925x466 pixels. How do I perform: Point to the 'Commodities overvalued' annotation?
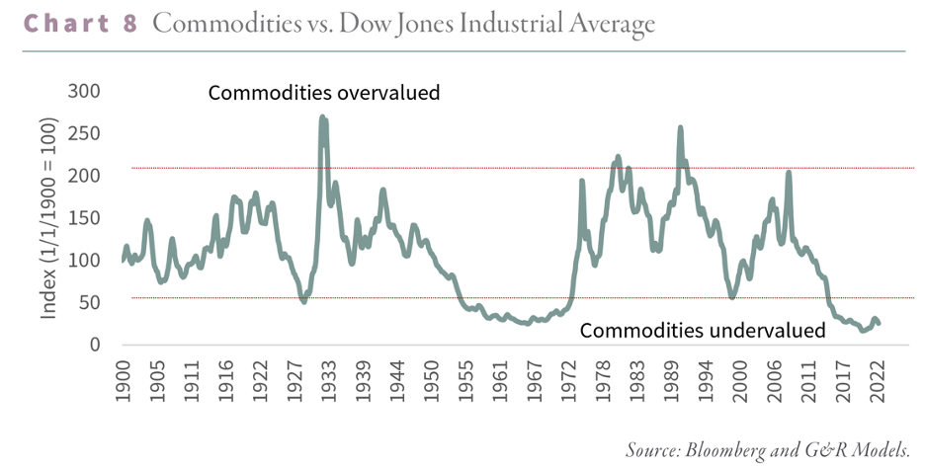(x=323, y=94)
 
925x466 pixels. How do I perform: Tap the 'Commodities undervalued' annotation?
(x=702, y=331)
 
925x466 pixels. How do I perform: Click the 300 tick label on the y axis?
(x=85, y=92)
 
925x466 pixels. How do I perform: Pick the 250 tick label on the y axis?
(x=85, y=134)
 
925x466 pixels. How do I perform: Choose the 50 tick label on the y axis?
(x=90, y=303)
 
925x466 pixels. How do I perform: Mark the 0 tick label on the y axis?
(x=96, y=345)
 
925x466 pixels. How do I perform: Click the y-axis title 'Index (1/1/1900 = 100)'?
(x=48, y=218)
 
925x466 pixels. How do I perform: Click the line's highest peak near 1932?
(x=323, y=117)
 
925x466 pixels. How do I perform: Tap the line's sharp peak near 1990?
(x=680, y=127)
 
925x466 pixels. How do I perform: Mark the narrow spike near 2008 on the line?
(x=789, y=173)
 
